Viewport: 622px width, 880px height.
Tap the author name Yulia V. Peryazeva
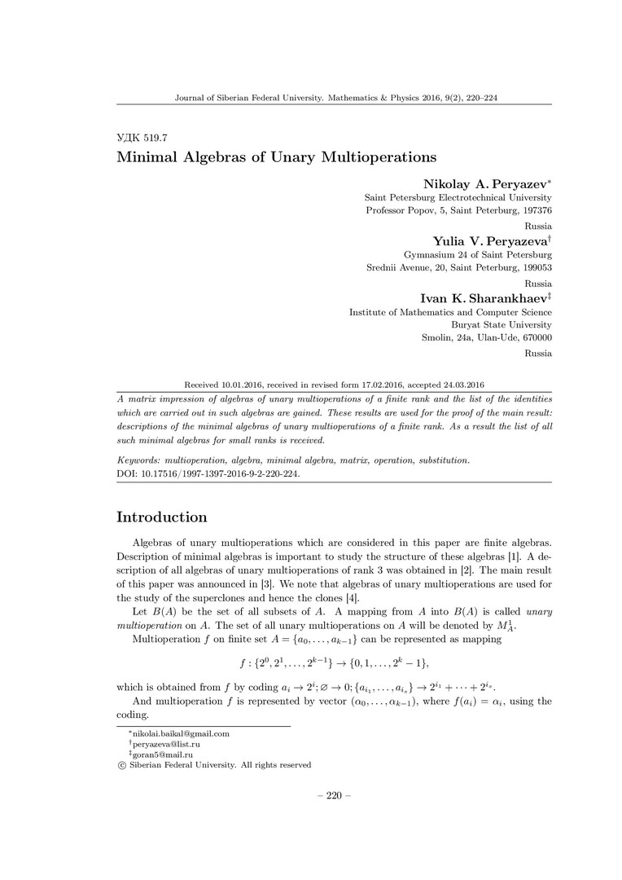[489, 240]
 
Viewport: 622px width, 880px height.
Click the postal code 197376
[535, 211]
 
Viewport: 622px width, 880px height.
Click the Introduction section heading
[162, 517]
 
